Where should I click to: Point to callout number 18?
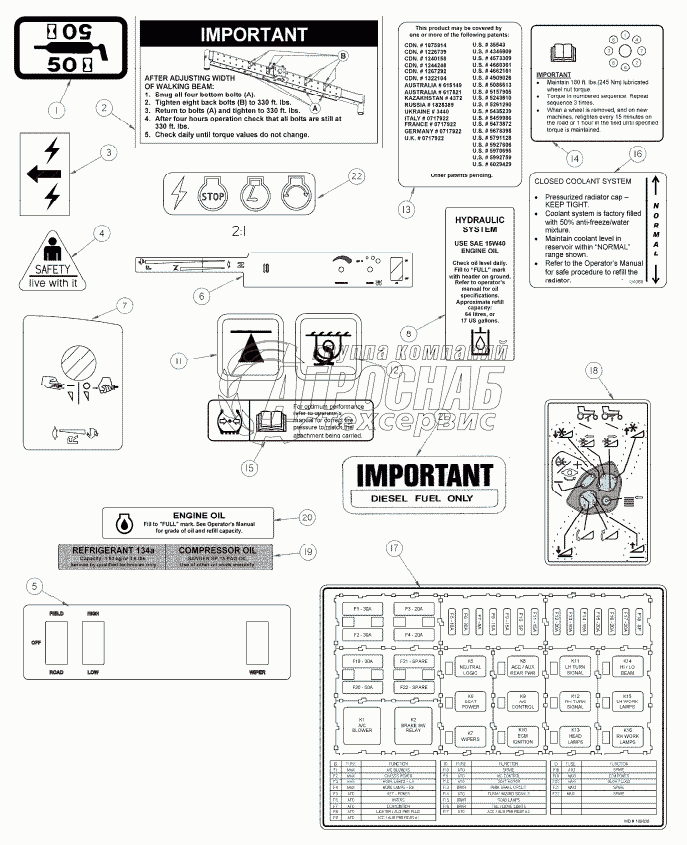click(x=595, y=371)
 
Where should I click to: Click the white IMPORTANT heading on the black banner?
click(x=254, y=34)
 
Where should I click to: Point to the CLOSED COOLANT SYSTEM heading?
click(x=581, y=181)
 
